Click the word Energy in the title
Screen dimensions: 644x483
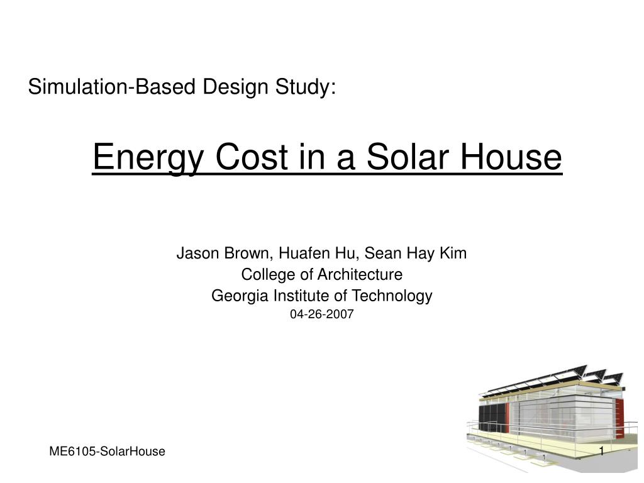148,158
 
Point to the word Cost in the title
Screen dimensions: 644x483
252,157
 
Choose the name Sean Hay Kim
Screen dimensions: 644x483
416,253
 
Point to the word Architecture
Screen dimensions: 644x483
360,275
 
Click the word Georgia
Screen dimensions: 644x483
240,296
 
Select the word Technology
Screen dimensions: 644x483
392,296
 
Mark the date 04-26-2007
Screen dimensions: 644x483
321,314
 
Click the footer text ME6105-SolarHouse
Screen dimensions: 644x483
107,452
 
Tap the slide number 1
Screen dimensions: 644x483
602,452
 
